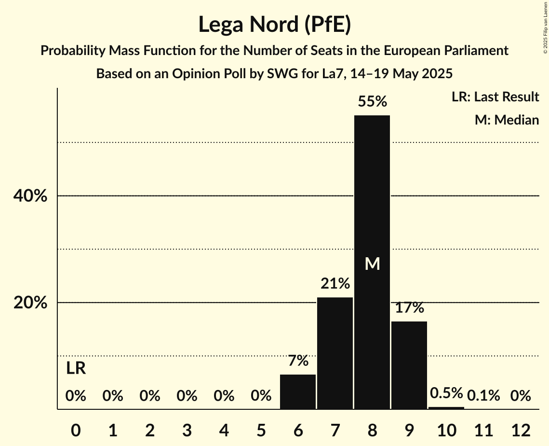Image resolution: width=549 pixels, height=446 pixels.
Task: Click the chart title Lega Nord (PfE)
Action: click(x=274, y=25)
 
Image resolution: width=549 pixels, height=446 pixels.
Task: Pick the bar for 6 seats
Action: click(x=298, y=392)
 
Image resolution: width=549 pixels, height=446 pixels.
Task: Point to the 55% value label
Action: click(x=372, y=102)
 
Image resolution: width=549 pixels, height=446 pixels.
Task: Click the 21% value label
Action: click(x=335, y=284)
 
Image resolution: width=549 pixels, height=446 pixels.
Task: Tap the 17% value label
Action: click(x=409, y=308)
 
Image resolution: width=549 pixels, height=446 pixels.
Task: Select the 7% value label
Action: click(x=298, y=361)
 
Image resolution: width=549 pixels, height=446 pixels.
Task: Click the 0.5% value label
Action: click(x=446, y=393)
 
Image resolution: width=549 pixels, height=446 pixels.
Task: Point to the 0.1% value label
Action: click(x=483, y=396)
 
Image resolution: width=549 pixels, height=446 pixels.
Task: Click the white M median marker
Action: click(x=372, y=264)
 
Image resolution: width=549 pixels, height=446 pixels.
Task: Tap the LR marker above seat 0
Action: click(x=76, y=369)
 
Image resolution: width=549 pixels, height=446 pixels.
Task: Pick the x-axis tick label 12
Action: click(x=521, y=429)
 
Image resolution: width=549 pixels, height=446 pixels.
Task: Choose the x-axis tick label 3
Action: click(x=187, y=429)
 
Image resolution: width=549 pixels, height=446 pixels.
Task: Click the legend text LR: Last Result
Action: click(x=495, y=97)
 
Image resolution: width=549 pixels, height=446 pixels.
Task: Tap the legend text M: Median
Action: click(x=507, y=120)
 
